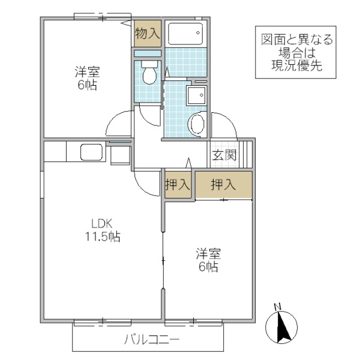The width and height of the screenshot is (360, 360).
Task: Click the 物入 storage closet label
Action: (x=148, y=34)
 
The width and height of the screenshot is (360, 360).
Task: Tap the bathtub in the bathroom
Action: (x=185, y=34)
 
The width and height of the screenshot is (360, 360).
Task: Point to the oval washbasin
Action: (x=196, y=125)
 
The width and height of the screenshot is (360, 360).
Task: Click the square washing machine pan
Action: (x=196, y=96)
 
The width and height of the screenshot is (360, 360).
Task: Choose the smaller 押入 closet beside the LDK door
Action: (x=178, y=185)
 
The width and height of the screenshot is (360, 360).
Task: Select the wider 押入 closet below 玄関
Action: (x=223, y=185)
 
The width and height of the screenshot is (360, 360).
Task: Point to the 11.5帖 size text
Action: (x=102, y=236)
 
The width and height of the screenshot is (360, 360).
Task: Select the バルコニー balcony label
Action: (x=152, y=340)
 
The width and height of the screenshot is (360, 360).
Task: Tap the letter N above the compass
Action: (x=277, y=307)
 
